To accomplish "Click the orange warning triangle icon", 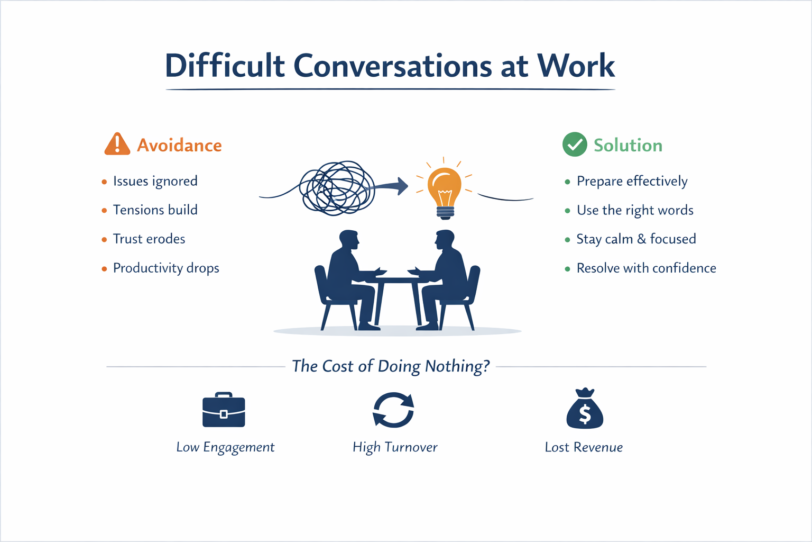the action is tap(117, 144).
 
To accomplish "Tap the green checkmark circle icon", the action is tap(575, 144).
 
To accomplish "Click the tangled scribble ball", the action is tap(337, 188).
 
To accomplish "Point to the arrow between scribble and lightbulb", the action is tap(391, 186).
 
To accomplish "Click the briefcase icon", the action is tap(224, 410).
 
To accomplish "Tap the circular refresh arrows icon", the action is tap(393, 410).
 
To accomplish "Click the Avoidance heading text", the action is tap(179, 145).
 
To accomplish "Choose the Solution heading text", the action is tap(628, 145).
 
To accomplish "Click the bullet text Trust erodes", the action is tap(149, 239).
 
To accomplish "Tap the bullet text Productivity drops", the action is tap(166, 268).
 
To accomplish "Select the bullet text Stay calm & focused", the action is tap(636, 239).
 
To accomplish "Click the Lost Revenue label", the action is tap(584, 447).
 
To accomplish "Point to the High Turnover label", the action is tap(395, 447).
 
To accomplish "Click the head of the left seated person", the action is tap(349, 240).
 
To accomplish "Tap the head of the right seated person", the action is tap(445, 240).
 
